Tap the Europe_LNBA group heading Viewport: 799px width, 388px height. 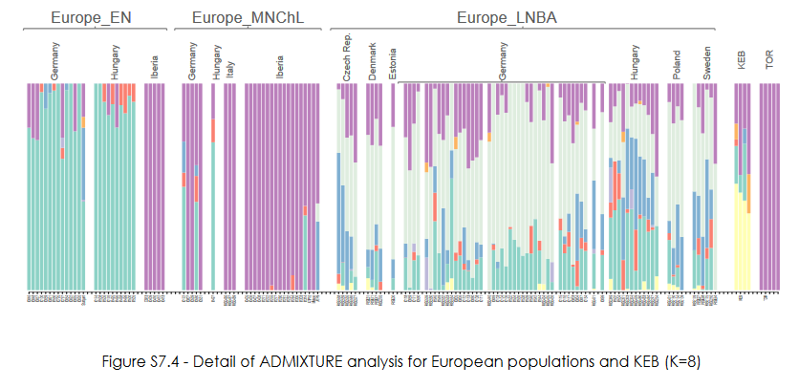tap(507, 16)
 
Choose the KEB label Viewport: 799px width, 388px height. tap(742, 63)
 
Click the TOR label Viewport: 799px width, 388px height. tap(771, 63)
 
